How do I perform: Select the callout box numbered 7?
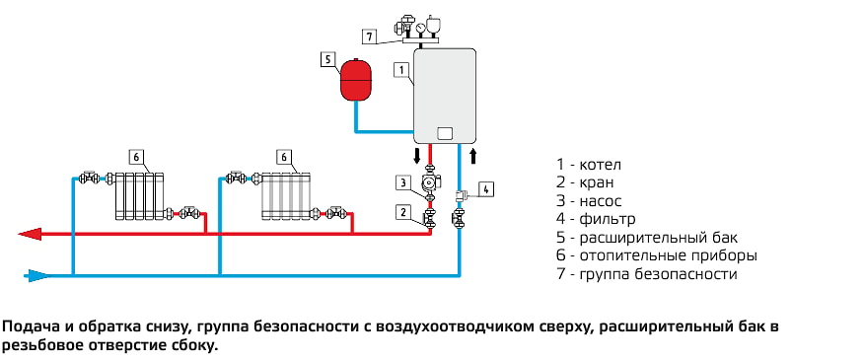[x=370, y=36]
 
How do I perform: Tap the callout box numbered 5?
[x=328, y=60]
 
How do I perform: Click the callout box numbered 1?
[x=401, y=70]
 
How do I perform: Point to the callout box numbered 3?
[x=403, y=183]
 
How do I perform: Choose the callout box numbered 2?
[x=403, y=212]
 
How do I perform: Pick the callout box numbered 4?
[x=486, y=189]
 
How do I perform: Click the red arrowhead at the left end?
[x=31, y=234]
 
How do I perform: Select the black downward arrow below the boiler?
[x=416, y=155]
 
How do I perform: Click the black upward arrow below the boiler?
[x=472, y=155]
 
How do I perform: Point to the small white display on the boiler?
[x=444, y=133]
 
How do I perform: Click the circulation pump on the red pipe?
[x=431, y=181]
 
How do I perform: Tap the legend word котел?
[x=601, y=165]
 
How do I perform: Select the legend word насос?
[x=601, y=201]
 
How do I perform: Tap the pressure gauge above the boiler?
[x=420, y=27]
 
